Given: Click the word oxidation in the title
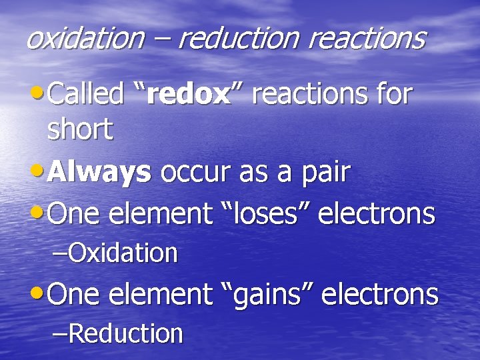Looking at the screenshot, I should click(x=85, y=38).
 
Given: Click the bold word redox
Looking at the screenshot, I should click(x=188, y=95).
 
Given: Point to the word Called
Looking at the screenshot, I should click(x=86, y=95).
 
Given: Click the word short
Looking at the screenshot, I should click(x=80, y=129).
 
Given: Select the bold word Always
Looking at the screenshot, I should click(x=100, y=173).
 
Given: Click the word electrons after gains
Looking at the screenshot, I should click(x=379, y=294).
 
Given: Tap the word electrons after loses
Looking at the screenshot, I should click(x=377, y=214).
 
